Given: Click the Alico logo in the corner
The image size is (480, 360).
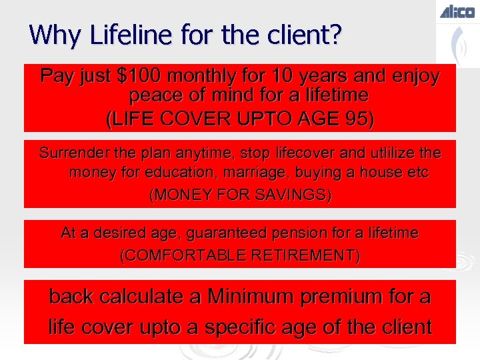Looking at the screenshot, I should [x=457, y=11].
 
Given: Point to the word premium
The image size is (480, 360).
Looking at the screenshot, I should [x=341, y=297].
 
